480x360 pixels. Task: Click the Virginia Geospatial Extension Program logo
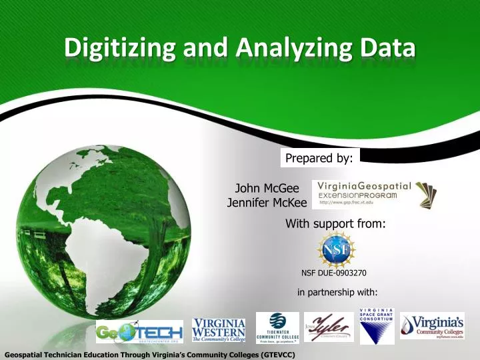tap(363, 194)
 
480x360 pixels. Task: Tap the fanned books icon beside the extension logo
tap(427, 194)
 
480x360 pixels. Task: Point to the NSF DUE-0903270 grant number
tap(334, 273)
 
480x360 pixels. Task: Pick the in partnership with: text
tap(337, 292)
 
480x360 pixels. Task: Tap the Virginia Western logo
tap(219, 329)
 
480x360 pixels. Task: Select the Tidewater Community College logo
tap(277, 327)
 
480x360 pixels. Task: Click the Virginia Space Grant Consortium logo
tap(377, 326)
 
